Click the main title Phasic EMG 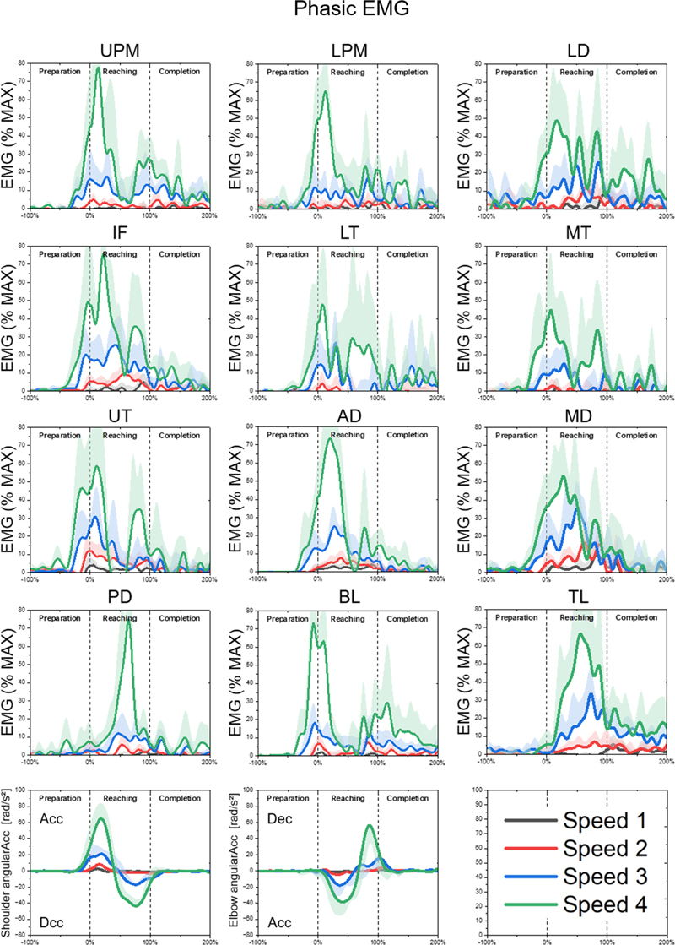point(337,11)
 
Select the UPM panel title point(119,49)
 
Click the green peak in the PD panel point(129,622)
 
